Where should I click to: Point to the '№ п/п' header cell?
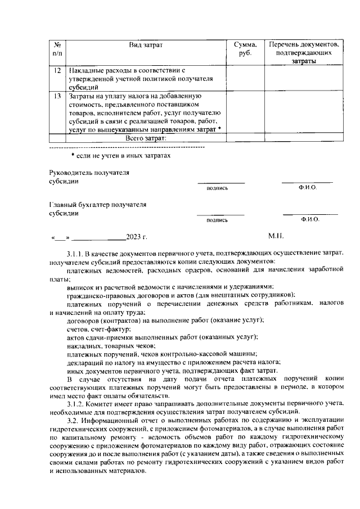tap(57, 48)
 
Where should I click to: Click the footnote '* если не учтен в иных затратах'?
tap(120, 155)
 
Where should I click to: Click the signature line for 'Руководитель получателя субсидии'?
tap(220, 182)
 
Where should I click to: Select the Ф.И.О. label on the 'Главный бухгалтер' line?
tap(310, 219)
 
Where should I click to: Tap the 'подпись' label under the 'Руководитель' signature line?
tap(217, 188)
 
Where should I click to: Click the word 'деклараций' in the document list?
tap(85, 362)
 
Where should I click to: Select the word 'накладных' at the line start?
tap(82, 345)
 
